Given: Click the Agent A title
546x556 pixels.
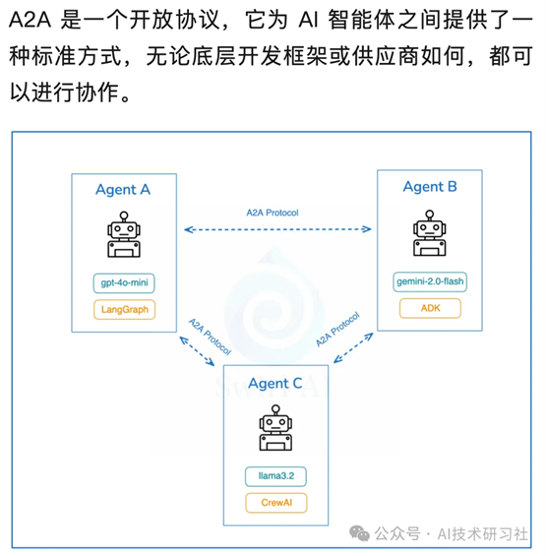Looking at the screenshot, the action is tap(123, 190).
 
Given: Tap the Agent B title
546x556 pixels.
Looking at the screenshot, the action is tap(430, 187).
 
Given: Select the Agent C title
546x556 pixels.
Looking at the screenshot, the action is tap(275, 384).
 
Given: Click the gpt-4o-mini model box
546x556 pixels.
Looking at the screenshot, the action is tap(124, 283).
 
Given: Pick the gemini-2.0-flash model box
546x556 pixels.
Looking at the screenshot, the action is tap(430, 281).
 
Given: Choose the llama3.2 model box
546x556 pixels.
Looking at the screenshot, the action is tap(275, 476).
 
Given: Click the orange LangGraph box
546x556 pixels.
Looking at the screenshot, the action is tap(124, 310).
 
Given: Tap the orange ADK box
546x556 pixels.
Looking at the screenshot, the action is tap(430, 308).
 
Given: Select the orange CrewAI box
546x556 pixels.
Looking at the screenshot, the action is tap(276, 503).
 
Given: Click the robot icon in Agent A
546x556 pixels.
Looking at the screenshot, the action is tap(124, 234).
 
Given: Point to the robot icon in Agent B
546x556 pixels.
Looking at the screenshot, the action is tap(429, 233).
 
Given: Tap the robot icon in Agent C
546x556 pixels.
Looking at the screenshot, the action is tap(275, 428).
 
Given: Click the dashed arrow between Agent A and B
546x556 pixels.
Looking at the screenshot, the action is tap(277, 229).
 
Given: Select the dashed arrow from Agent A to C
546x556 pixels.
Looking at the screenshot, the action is tap(197, 351).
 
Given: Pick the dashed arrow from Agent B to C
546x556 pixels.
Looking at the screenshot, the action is tap(353, 347).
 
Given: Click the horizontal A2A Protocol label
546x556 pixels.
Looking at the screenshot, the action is tap(273, 213).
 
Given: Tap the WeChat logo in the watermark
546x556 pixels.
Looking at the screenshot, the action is tap(359, 533).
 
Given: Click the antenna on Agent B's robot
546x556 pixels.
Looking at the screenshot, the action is tap(429, 216).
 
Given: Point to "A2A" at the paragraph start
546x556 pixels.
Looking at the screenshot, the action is tap(30, 20).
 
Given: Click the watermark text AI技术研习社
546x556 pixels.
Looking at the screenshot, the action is tap(483, 533).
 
